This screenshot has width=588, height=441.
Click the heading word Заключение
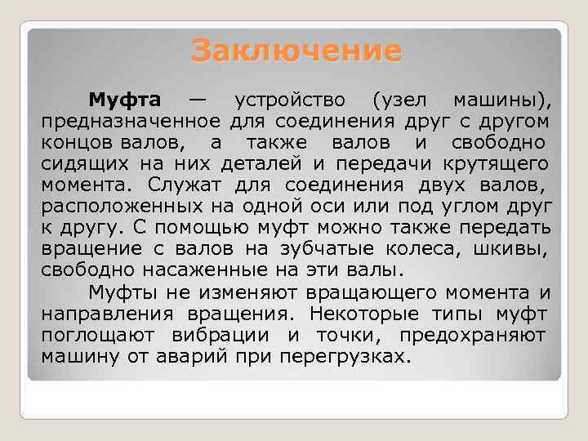(x=296, y=51)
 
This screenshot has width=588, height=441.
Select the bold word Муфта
(x=124, y=100)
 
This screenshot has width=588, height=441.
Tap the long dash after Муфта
(x=197, y=100)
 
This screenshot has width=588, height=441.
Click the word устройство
(x=290, y=100)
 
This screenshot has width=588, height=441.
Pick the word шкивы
(x=519, y=250)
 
